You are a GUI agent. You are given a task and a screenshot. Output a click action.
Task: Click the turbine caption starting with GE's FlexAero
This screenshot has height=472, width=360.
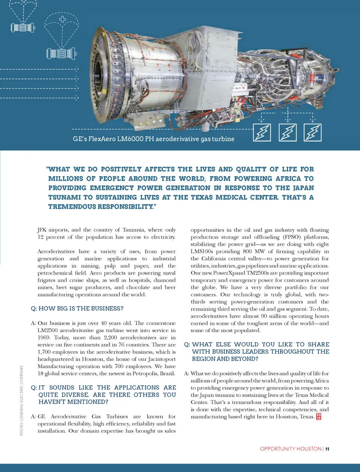pyautogui.click(x=153, y=139)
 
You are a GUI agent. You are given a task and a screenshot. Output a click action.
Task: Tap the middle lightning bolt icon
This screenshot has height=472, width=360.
pyautogui.click(x=288, y=132)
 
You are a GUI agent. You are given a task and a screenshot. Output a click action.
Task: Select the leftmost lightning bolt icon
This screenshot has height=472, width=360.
pyautogui.click(x=262, y=132)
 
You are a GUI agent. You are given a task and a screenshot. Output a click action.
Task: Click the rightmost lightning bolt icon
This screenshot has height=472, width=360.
pyautogui.click(x=312, y=132)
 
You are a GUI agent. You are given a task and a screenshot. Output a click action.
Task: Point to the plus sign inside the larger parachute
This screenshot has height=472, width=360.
pyautogui.click(x=63, y=19)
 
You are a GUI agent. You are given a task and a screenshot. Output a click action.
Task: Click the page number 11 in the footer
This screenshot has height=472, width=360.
pyautogui.click(x=327, y=449)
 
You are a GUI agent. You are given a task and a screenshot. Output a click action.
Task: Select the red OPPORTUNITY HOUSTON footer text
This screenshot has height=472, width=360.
pyautogui.click(x=291, y=449)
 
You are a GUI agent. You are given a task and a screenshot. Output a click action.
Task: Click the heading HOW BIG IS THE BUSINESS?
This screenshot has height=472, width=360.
pyautogui.click(x=81, y=309)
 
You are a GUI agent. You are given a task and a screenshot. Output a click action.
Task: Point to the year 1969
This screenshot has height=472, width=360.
pyautogui.click(x=44, y=338)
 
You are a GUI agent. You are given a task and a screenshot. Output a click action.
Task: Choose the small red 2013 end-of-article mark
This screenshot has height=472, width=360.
pyautogui.click(x=318, y=416)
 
